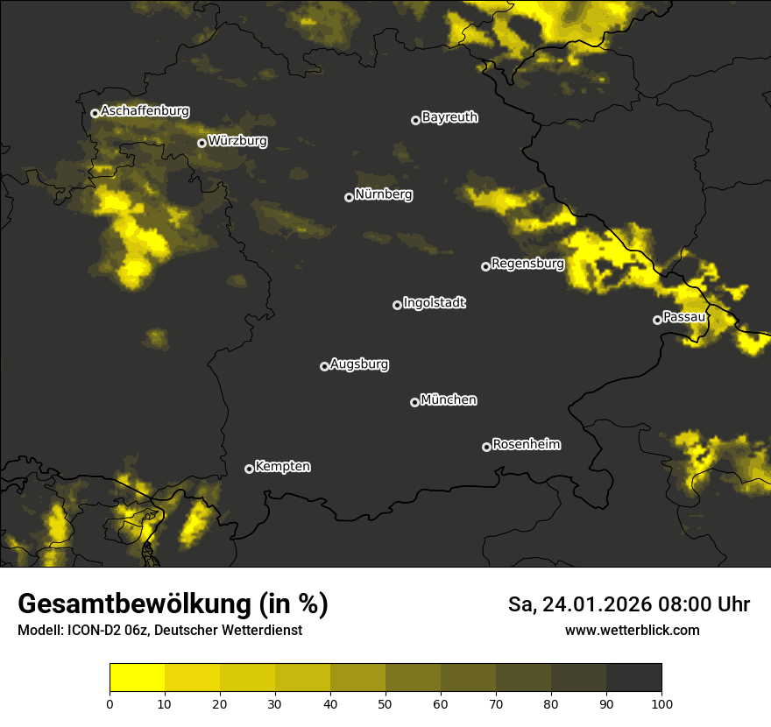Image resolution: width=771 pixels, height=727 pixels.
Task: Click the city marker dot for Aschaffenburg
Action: point(95,113)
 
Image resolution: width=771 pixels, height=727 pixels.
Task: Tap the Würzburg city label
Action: point(237,141)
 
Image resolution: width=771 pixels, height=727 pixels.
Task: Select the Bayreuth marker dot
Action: point(415,120)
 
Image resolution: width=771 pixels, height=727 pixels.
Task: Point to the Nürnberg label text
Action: point(384,194)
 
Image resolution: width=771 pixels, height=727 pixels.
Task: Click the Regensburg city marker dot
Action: point(485,266)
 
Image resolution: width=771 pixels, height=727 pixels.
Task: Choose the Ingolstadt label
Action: point(435,303)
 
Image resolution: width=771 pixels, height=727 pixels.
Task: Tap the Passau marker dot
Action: point(657,320)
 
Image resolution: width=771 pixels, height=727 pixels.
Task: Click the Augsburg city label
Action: point(359,364)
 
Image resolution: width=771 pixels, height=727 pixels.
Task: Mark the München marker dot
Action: point(414,402)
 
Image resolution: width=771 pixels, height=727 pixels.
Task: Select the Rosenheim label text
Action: point(527,445)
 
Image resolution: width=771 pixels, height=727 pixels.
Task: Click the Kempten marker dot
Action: point(249,469)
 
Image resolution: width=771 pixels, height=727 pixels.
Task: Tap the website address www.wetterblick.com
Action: point(632,630)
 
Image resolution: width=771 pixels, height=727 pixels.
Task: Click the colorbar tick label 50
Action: point(385,703)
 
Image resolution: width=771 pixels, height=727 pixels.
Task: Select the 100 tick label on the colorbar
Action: point(661,703)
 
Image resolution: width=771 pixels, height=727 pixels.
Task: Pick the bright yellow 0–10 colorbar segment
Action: point(137,677)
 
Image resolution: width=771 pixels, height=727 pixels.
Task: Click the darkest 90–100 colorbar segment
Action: point(633,677)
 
